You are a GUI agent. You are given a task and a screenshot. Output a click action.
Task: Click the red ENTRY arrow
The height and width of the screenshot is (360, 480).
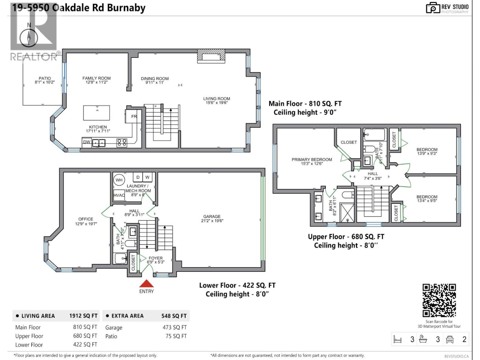[146, 284]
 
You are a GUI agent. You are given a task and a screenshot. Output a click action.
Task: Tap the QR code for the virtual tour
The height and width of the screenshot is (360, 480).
[439, 300]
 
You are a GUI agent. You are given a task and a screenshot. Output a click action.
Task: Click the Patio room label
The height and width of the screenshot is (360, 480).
[45, 78]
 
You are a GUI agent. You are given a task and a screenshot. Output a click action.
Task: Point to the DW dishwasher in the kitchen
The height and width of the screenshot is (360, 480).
[86, 142]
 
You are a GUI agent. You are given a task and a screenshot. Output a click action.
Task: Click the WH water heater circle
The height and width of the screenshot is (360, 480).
[119, 180]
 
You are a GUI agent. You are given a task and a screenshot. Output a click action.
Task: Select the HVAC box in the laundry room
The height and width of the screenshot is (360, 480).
[119, 195]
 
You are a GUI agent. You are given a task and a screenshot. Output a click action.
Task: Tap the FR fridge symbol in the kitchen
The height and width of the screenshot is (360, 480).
[133, 116]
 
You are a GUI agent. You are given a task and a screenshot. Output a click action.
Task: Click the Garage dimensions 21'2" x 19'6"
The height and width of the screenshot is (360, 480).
[212, 221]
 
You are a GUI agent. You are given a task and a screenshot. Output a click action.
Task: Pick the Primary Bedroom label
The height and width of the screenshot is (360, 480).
[312, 160]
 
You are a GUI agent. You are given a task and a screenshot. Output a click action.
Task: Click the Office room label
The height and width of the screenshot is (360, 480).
[86, 219]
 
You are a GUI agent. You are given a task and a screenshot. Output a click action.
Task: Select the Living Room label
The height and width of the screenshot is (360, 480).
[217, 98]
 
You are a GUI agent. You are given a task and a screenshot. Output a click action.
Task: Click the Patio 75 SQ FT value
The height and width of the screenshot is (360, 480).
[176, 336]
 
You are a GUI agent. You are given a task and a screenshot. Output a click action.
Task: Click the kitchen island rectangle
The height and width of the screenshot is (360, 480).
[96, 113]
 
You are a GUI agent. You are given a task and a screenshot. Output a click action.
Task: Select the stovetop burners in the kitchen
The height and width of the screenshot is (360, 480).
[121, 142]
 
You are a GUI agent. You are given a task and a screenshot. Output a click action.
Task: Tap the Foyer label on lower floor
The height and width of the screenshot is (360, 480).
[155, 258]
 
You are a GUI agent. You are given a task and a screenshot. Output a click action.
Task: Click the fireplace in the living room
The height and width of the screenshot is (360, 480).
[211, 56]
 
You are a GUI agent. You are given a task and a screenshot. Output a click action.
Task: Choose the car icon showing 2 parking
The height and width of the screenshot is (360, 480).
[449, 339]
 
